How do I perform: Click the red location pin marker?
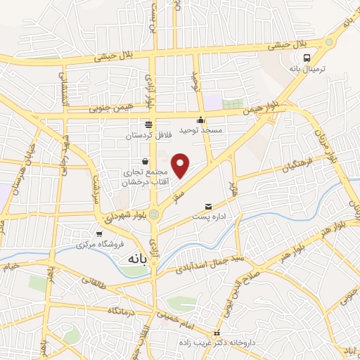click(181, 165)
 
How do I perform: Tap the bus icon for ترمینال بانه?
click(307, 58)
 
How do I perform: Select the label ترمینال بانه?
click(307, 70)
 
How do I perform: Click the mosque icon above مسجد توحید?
click(201, 120)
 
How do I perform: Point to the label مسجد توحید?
click(202, 131)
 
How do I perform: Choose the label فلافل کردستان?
click(148, 135)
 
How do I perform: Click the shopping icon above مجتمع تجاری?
click(144, 161)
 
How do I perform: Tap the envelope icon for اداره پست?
click(207, 206)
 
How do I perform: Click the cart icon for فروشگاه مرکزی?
click(98, 234)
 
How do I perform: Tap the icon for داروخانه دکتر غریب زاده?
click(217, 333)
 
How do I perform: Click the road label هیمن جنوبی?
click(108, 110)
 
